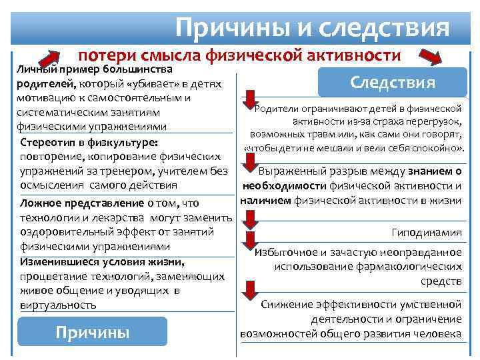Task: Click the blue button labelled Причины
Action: (x=92, y=332)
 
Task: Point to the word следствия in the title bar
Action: (x=385, y=28)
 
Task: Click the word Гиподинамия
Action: (x=427, y=233)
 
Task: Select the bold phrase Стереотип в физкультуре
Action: (x=89, y=142)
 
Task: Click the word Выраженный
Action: (x=287, y=171)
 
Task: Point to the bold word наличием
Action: (x=265, y=200)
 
